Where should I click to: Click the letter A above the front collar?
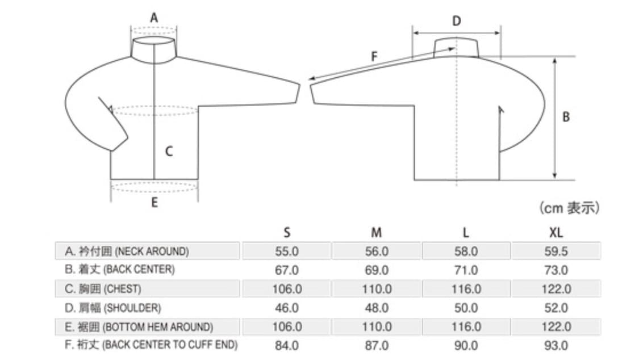(x=153, y=18)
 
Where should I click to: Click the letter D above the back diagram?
(x=457, y=21)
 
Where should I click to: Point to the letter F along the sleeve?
(x=374, y=56)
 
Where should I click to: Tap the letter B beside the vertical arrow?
(x=566, y=117)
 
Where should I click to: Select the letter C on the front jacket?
(x=169, y=152)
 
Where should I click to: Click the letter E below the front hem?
(x=154, y=203)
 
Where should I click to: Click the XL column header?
(x=556, y=233)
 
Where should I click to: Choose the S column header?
(x=287, y=233)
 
